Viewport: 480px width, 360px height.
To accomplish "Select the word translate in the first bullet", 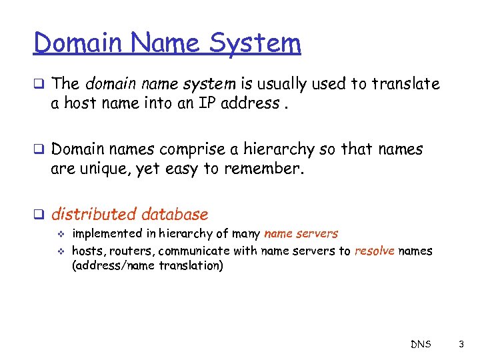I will pyautogui.click(x=406, y=84).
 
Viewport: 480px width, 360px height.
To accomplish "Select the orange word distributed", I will pyautogui.click(x=93, y=214).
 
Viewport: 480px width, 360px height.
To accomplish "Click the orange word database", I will pyautogui.click(x=174, y=214).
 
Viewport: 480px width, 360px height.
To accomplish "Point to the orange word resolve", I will pyautogui.click(x=375, y=251).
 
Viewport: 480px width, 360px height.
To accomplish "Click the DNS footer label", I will pyautogui.click(x=421, y=344).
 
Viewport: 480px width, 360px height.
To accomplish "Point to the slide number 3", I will pyautogui.click(x=460, y=344).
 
